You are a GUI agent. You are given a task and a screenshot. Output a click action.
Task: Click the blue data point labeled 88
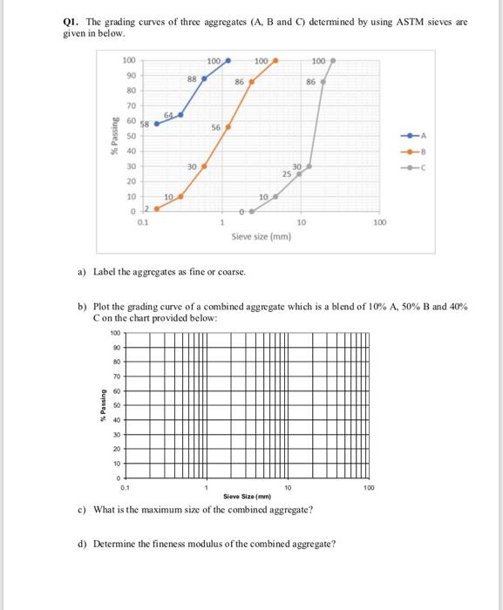[x=205, y=78]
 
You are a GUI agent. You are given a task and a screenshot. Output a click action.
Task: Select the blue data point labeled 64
[x=181, y=112]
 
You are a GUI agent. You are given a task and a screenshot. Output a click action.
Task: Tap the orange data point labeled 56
[x=228, y=127]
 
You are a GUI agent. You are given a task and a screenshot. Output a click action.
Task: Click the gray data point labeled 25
[x=299, y=173]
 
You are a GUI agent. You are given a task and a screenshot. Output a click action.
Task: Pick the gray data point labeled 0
[x=253, y=210]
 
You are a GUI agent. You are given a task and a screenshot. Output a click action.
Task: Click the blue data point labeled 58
[x=157, y=124]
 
